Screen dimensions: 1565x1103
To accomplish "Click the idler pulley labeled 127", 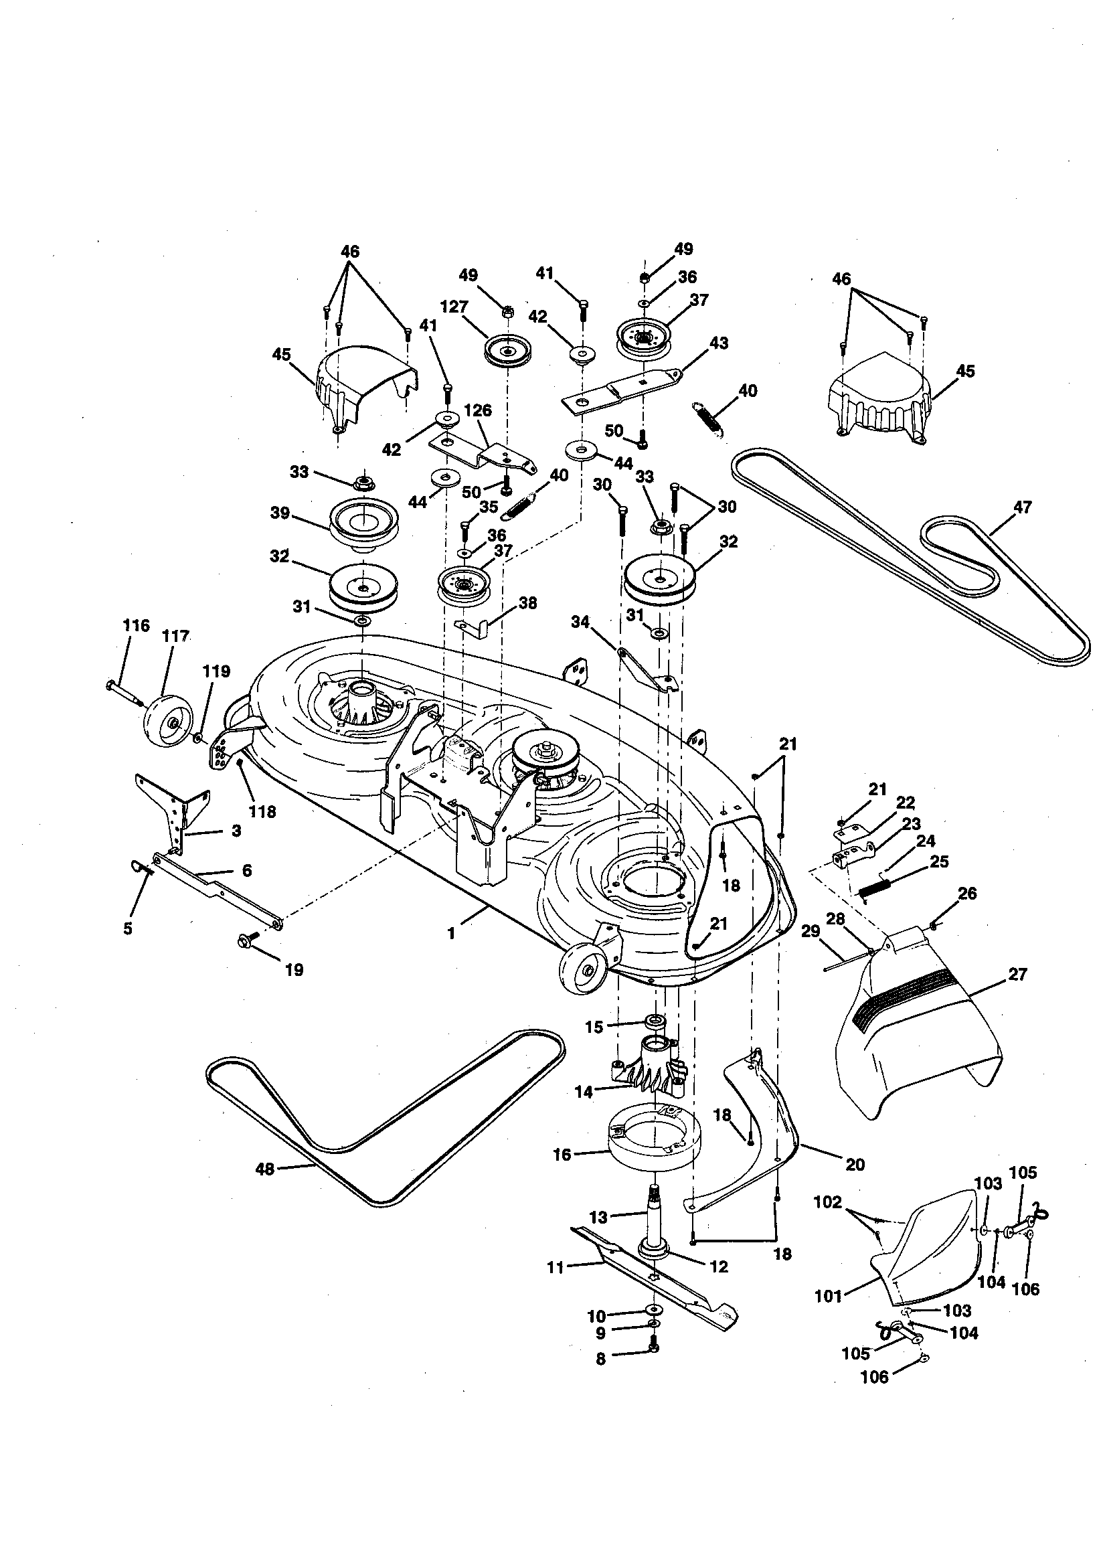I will click(x=508, y=350).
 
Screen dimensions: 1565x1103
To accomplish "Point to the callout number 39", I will click(x=280, y=513).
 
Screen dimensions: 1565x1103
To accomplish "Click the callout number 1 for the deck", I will click(x=450, y=933).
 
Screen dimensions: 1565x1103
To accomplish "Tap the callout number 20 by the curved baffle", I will click(x=855, y=1164).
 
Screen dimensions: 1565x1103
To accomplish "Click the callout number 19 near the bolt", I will click(x=294, y=969).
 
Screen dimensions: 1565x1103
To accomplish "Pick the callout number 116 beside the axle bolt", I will click(x=136, y=625).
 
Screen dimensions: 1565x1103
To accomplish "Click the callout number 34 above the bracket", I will click(x=580, y=622).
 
